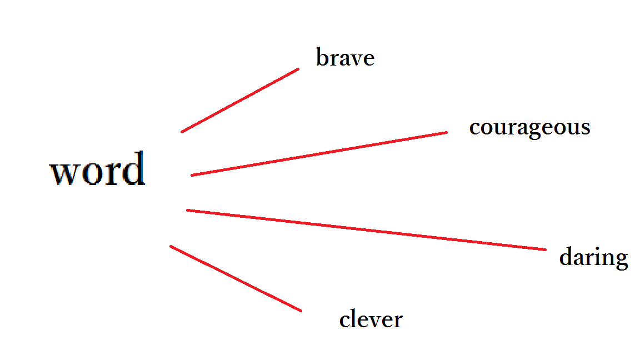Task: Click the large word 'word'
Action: click(98, 169)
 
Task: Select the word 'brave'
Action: click(345, 58)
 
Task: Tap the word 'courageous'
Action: click(529, 127)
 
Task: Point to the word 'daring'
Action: click(593, 258)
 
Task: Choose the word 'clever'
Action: click(371, 319)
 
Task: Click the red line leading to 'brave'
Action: click(240, 101)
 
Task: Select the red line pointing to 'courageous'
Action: click(319, 154)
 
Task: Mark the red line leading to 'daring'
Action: click(367, 230)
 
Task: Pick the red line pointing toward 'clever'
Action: click(236, 278)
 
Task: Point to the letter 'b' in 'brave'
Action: click(321, 57)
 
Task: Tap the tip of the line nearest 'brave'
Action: click(298, 69)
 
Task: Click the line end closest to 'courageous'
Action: click(446, 132)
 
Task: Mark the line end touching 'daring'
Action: click(546, 249)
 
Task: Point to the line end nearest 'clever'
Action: click(301, 311)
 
